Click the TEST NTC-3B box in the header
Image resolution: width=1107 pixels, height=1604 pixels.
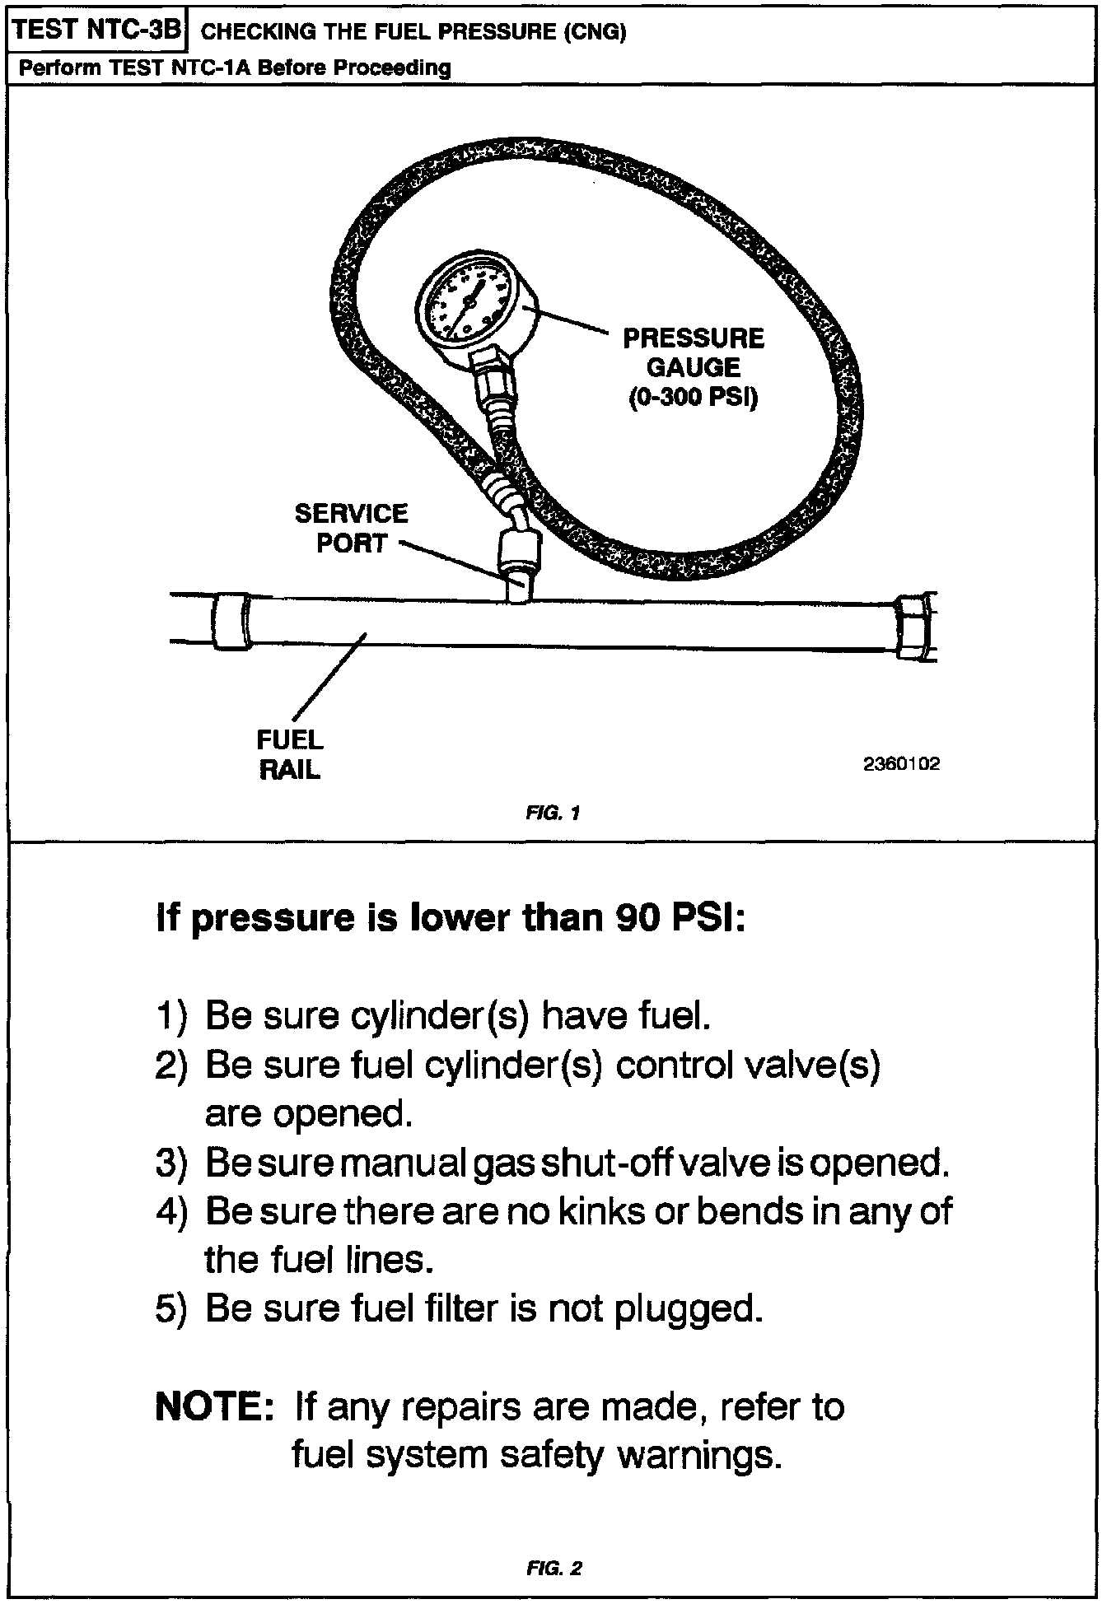(97, 30)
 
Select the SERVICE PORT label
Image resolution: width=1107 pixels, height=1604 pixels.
(352, 528)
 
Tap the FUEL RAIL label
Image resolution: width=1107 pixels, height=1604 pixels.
(290, 754)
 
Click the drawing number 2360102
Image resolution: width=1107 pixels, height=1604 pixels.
(901, 764)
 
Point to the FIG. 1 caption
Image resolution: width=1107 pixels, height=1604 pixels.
(553, 814)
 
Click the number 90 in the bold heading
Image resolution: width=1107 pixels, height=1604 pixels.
(638, 917)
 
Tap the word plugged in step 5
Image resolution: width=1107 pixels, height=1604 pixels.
(689, 1308)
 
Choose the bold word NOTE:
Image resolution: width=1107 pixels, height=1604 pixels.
(214, 1407)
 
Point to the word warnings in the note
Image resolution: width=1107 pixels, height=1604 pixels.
(698, 1455)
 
